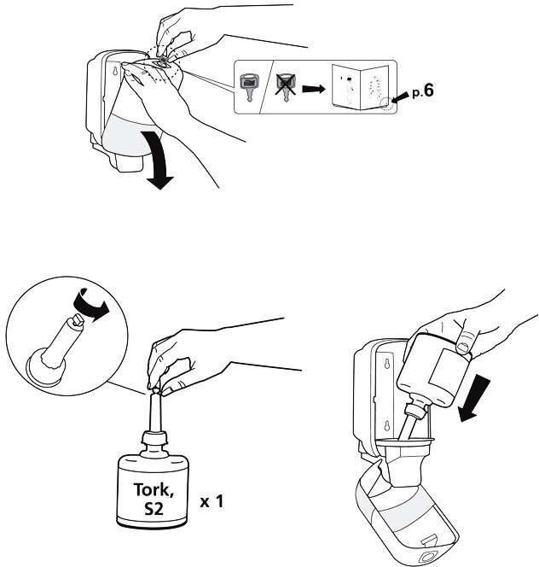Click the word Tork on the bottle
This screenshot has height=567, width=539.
[x=155, y=490]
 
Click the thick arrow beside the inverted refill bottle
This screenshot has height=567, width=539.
[x=472, y=397]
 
